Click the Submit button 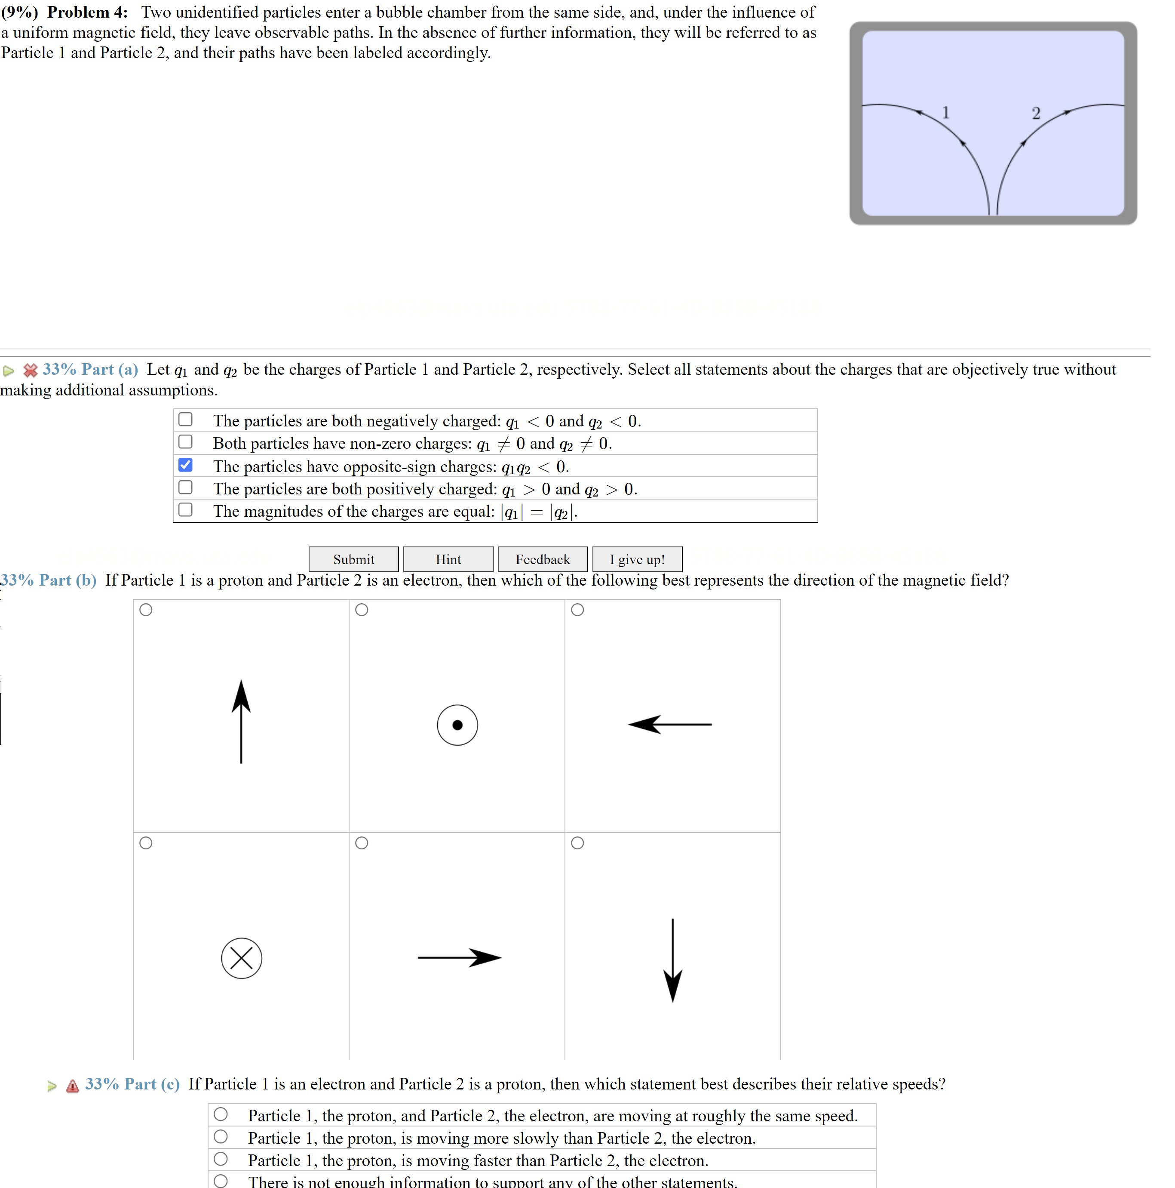pyautogui.click(x=353, y=559)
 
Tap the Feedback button pyautogui.click(x=542, y=559)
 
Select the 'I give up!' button pyautogui.click(x=637, y=559)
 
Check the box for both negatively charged pyautogui.click(x=185, y=420)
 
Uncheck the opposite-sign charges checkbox pyautogui.click(x=185, y=465)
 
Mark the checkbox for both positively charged pyautogui.click(x=185, y=488)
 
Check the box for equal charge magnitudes pyautogui.click(x=185, y=510)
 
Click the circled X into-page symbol pyautogui.click(x=242, y=958)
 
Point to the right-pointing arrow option pyautogui.click(x=459, y=957)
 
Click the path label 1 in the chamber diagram pyautogui.click(x=946, y=113)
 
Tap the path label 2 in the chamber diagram pyautogui.click(x=1036, y=114)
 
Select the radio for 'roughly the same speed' pyautogui.click(x=221, y=1114)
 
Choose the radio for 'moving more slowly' pyautogui.click(x=221, y=1136)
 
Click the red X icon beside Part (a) pyautogui.click(x=30, y=370)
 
